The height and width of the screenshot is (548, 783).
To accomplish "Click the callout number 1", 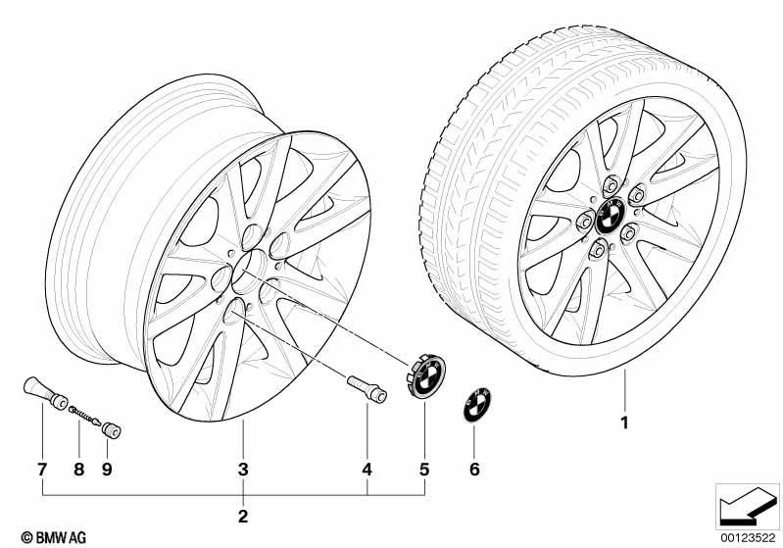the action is [624, 423].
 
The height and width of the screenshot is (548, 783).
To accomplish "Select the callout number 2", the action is [243, 516].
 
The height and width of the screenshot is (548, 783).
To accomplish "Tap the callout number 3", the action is [243, 470].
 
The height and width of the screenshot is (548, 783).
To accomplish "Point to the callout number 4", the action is [367, 470].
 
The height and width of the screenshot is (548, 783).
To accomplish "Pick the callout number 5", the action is [424, 470].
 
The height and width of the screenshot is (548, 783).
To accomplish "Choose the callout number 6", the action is [474, 470].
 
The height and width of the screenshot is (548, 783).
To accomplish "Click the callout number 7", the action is [42, 470].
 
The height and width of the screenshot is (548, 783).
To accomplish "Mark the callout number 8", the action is [79, 470].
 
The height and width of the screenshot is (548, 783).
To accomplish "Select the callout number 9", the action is [107, 470].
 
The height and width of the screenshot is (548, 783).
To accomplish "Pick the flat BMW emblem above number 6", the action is [477, 404].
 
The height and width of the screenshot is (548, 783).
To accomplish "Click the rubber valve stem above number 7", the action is [46, 393].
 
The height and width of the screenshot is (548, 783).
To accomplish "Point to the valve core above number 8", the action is [85, 416].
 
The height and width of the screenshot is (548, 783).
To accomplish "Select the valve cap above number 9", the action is [112, 430].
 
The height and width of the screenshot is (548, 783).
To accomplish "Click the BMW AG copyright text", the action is [54, 537].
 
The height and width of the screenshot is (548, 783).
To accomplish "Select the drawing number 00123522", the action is [748, 537].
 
